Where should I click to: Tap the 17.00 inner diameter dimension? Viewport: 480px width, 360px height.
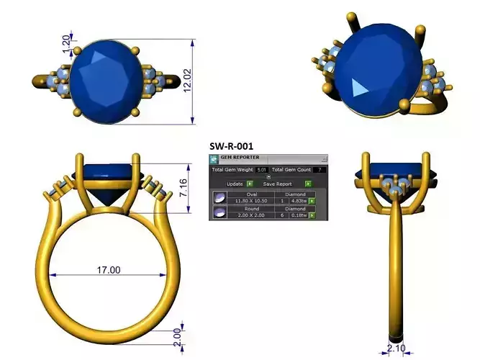pos(108,270)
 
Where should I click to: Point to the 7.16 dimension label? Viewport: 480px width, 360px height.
pos(184,189)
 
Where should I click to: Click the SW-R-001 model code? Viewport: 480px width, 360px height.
pos(231,146)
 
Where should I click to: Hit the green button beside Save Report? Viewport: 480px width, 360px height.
pos(307,184)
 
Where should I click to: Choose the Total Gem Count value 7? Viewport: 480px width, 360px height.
pos(320,170)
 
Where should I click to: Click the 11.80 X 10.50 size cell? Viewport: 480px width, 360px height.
pos(251,201)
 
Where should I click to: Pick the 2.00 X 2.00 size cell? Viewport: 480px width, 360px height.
pos(251,215)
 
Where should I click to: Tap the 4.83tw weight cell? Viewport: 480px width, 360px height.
pos(297,201)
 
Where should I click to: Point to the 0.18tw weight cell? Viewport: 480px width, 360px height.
pos(297,215)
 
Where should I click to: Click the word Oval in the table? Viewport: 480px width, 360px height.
pos(251,194)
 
